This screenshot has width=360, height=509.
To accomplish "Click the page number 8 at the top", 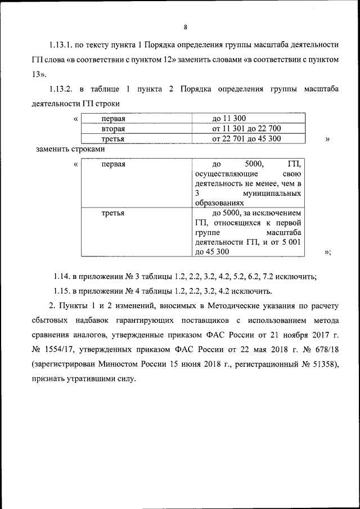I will (x=184, y=26).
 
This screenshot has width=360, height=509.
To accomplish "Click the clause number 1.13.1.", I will (x=63, y=45).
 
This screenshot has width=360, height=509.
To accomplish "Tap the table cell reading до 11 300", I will (x=229, y=119).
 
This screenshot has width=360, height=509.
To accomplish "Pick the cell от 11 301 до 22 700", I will (x=246, y=129).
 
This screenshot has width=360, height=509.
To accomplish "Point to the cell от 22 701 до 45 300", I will (x=246, y=138).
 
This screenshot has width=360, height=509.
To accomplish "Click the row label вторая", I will (x=113, y=129).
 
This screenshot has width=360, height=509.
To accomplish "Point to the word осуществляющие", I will (x=224, y=174).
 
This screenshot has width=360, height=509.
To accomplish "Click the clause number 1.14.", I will (x=62, y=276).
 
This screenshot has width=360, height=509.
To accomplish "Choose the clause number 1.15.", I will (x=62, y=291).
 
